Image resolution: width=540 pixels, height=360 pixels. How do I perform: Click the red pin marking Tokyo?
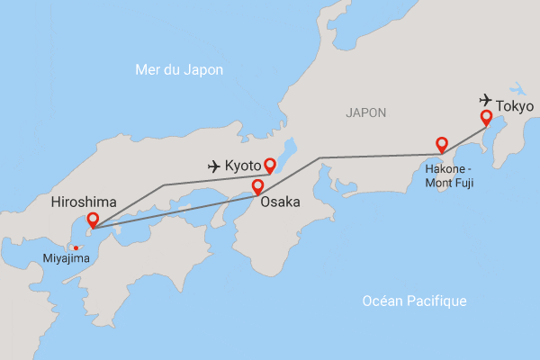tap(486, 117)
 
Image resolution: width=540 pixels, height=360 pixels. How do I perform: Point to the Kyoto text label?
tap(243, 166)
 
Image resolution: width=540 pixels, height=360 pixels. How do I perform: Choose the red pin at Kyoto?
tap(269, 165)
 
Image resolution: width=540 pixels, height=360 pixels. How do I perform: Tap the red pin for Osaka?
tap(257, 187)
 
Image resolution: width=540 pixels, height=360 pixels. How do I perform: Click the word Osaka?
tap(280, 203)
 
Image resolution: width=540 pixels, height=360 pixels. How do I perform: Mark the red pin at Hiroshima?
tap(93, 220)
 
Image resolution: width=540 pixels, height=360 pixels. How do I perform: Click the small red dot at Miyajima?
tap(76, 247)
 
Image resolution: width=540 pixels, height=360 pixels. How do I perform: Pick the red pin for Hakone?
tap(442, 144)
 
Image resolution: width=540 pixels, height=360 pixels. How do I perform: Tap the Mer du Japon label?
tap(178, 70)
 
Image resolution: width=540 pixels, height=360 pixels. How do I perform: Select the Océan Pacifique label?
tap(414, 301)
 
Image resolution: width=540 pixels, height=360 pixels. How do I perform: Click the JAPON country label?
tap(365, 113)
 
